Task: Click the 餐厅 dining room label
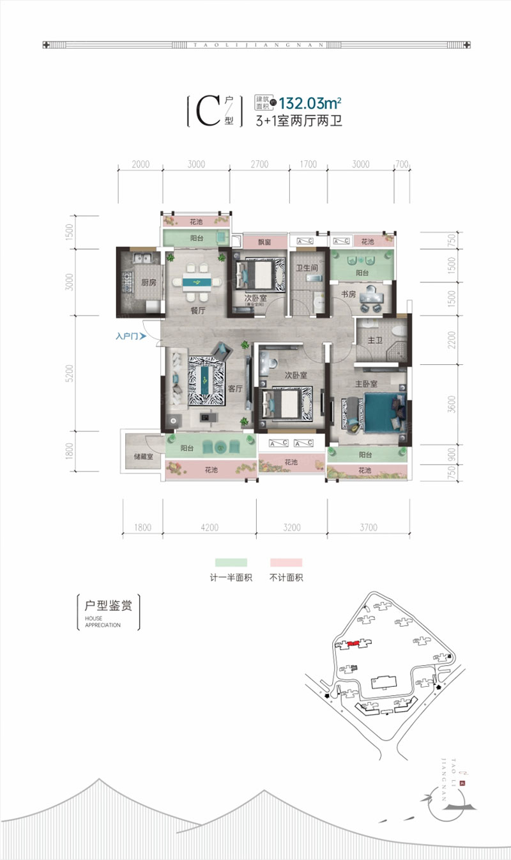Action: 197,311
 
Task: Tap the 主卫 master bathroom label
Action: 374,341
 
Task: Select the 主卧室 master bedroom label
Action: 367,384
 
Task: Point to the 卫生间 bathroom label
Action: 307,268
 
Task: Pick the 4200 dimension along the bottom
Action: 210,527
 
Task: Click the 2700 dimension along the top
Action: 259,164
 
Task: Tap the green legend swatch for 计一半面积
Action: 231,563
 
